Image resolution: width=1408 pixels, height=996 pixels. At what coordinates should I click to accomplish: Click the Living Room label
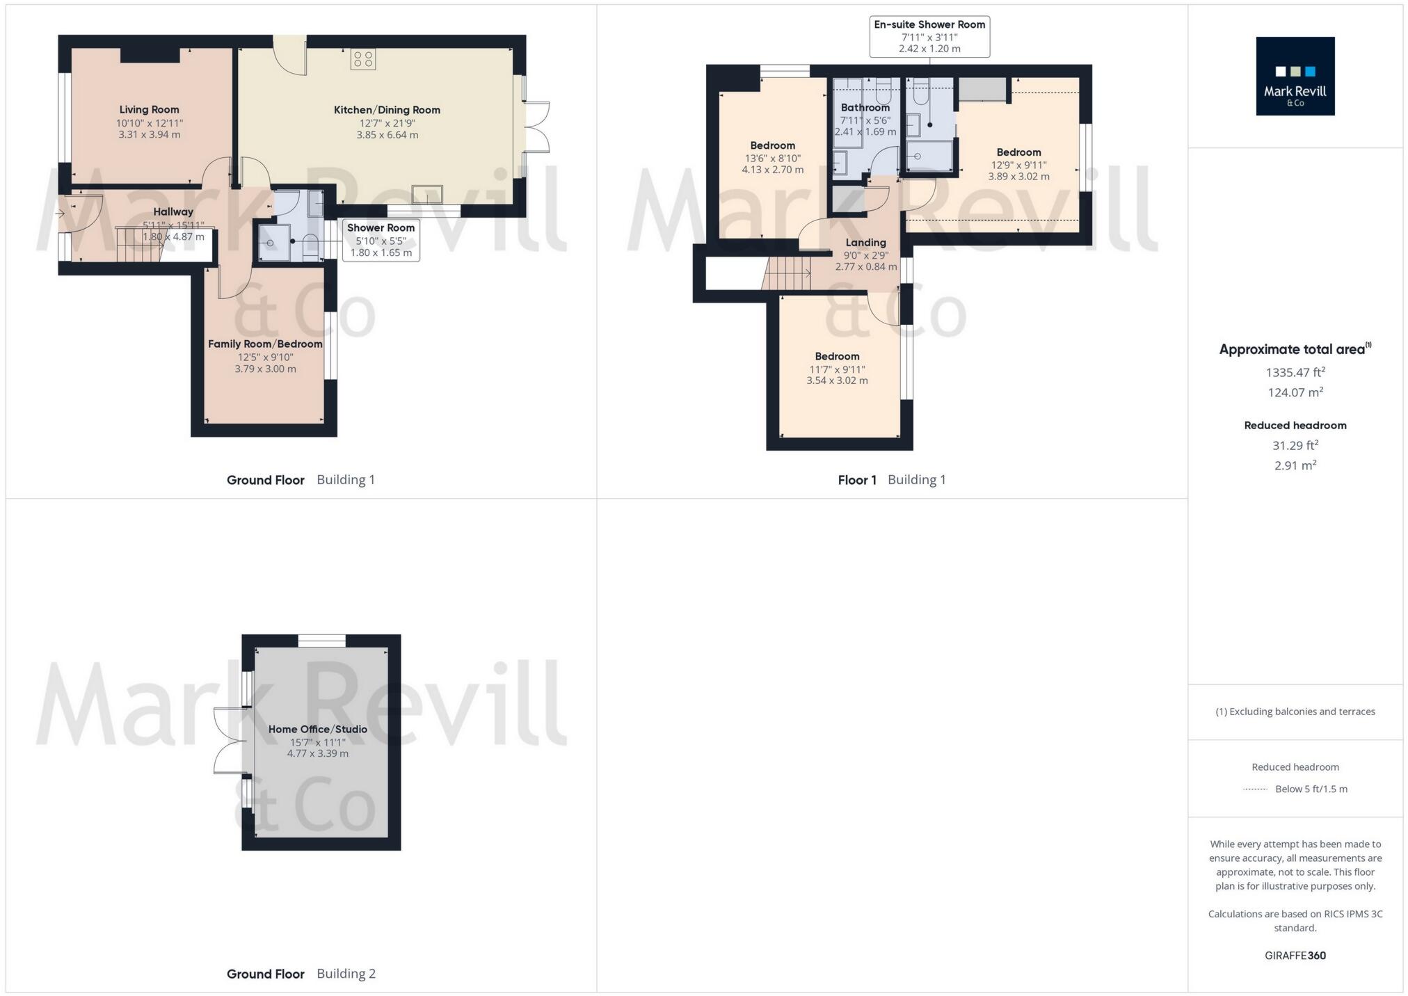coord(149,109)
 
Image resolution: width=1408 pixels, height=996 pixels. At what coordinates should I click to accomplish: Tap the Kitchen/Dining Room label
coord(387,110)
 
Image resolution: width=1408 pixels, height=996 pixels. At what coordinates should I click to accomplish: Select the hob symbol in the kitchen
coord(363,59)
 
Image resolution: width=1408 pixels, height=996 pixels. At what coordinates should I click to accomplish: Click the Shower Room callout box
coord(381,240)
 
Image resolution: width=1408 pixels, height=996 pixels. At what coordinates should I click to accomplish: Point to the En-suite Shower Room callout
coord(929,36)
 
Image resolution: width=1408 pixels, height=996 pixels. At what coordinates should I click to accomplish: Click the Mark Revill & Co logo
coord(1295,77)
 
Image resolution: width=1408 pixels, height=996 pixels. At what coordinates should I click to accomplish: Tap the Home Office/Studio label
coord(318,729)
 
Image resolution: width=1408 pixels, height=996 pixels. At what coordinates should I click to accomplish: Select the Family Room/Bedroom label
coord(265,344)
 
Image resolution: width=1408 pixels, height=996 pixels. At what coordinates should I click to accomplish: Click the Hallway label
coord(173,211)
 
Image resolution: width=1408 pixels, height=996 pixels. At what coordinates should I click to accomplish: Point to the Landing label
coord(865,242)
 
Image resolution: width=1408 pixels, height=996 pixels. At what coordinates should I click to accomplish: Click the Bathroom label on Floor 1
coord(865,108)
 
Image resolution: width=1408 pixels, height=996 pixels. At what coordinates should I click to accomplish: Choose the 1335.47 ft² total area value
coord(1295,372)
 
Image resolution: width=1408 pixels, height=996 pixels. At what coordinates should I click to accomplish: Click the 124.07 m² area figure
coord(1295,392)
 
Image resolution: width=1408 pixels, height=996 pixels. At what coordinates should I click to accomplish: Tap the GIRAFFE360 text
coord(1295,955)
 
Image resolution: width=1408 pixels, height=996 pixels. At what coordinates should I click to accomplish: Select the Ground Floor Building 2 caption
coord(301,974)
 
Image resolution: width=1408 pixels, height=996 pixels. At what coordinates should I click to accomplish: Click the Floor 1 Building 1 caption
coord(891,480)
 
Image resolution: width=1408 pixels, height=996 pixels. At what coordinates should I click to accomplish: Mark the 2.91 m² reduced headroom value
coord(1295,465)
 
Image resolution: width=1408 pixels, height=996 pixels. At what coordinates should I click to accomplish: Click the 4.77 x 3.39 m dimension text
coord(318,753)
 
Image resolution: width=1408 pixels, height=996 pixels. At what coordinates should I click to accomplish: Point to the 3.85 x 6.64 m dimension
coord(387,135)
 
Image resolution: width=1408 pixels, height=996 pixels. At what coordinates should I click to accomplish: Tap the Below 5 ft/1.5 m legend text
coord(1311,789)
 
